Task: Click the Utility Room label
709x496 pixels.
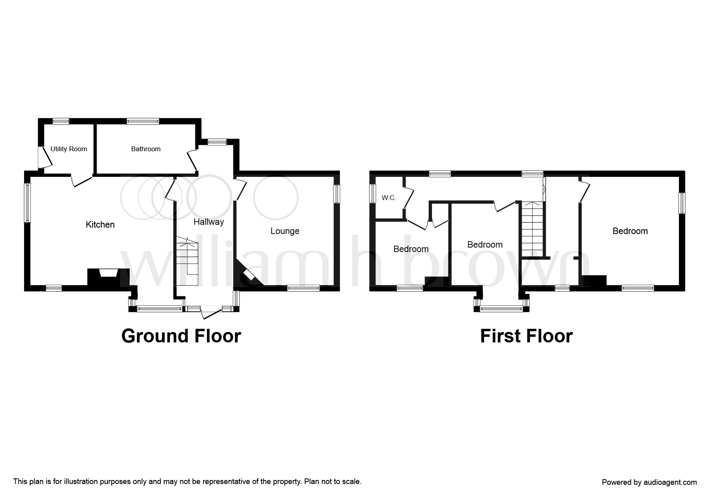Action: click(x=68, y=149)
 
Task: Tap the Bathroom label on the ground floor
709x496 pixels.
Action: click(x=146, y=149)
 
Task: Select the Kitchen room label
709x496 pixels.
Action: click(x=100, y=225)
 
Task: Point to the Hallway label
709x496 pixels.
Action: click(x=209, y=222)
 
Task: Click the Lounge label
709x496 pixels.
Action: click(x=285, y=231)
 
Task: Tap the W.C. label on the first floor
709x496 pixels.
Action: click(x=388, y=198)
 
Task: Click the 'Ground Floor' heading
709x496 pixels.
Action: click(x=181, y=336)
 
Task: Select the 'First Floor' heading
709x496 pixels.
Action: click(x=526, y=336)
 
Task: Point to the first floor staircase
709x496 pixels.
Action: click(x=532, y=228)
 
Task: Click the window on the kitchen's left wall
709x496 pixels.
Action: click(x=28, y=203)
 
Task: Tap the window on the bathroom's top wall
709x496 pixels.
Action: click(x=143, y=121)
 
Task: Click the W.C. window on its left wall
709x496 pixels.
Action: click(x=373, y=194)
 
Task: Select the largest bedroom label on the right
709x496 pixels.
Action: click(x=630, y=231)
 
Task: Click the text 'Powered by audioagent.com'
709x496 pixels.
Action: click(x=649, y=482)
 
